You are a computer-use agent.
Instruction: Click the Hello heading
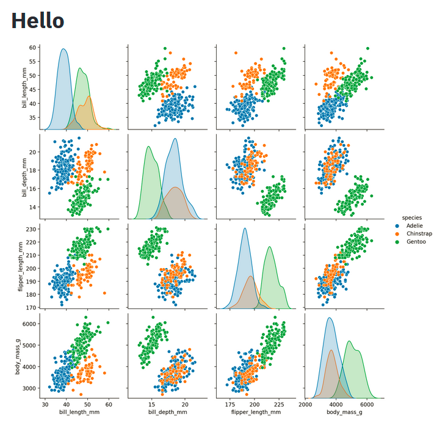click(x=38, y=21)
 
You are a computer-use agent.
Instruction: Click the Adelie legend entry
click(x=414, y=226)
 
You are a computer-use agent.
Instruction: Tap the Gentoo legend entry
click(x=416, y=242)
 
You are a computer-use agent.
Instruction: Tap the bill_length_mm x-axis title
click(x=79, y=413)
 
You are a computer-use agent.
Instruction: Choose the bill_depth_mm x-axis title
click(x=167, y=413)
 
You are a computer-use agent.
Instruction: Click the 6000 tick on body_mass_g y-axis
click(x=28, y=324)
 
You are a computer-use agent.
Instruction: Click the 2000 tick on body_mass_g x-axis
click(x=306, y=404)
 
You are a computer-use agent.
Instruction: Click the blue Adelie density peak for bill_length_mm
click(x=63, y=49)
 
